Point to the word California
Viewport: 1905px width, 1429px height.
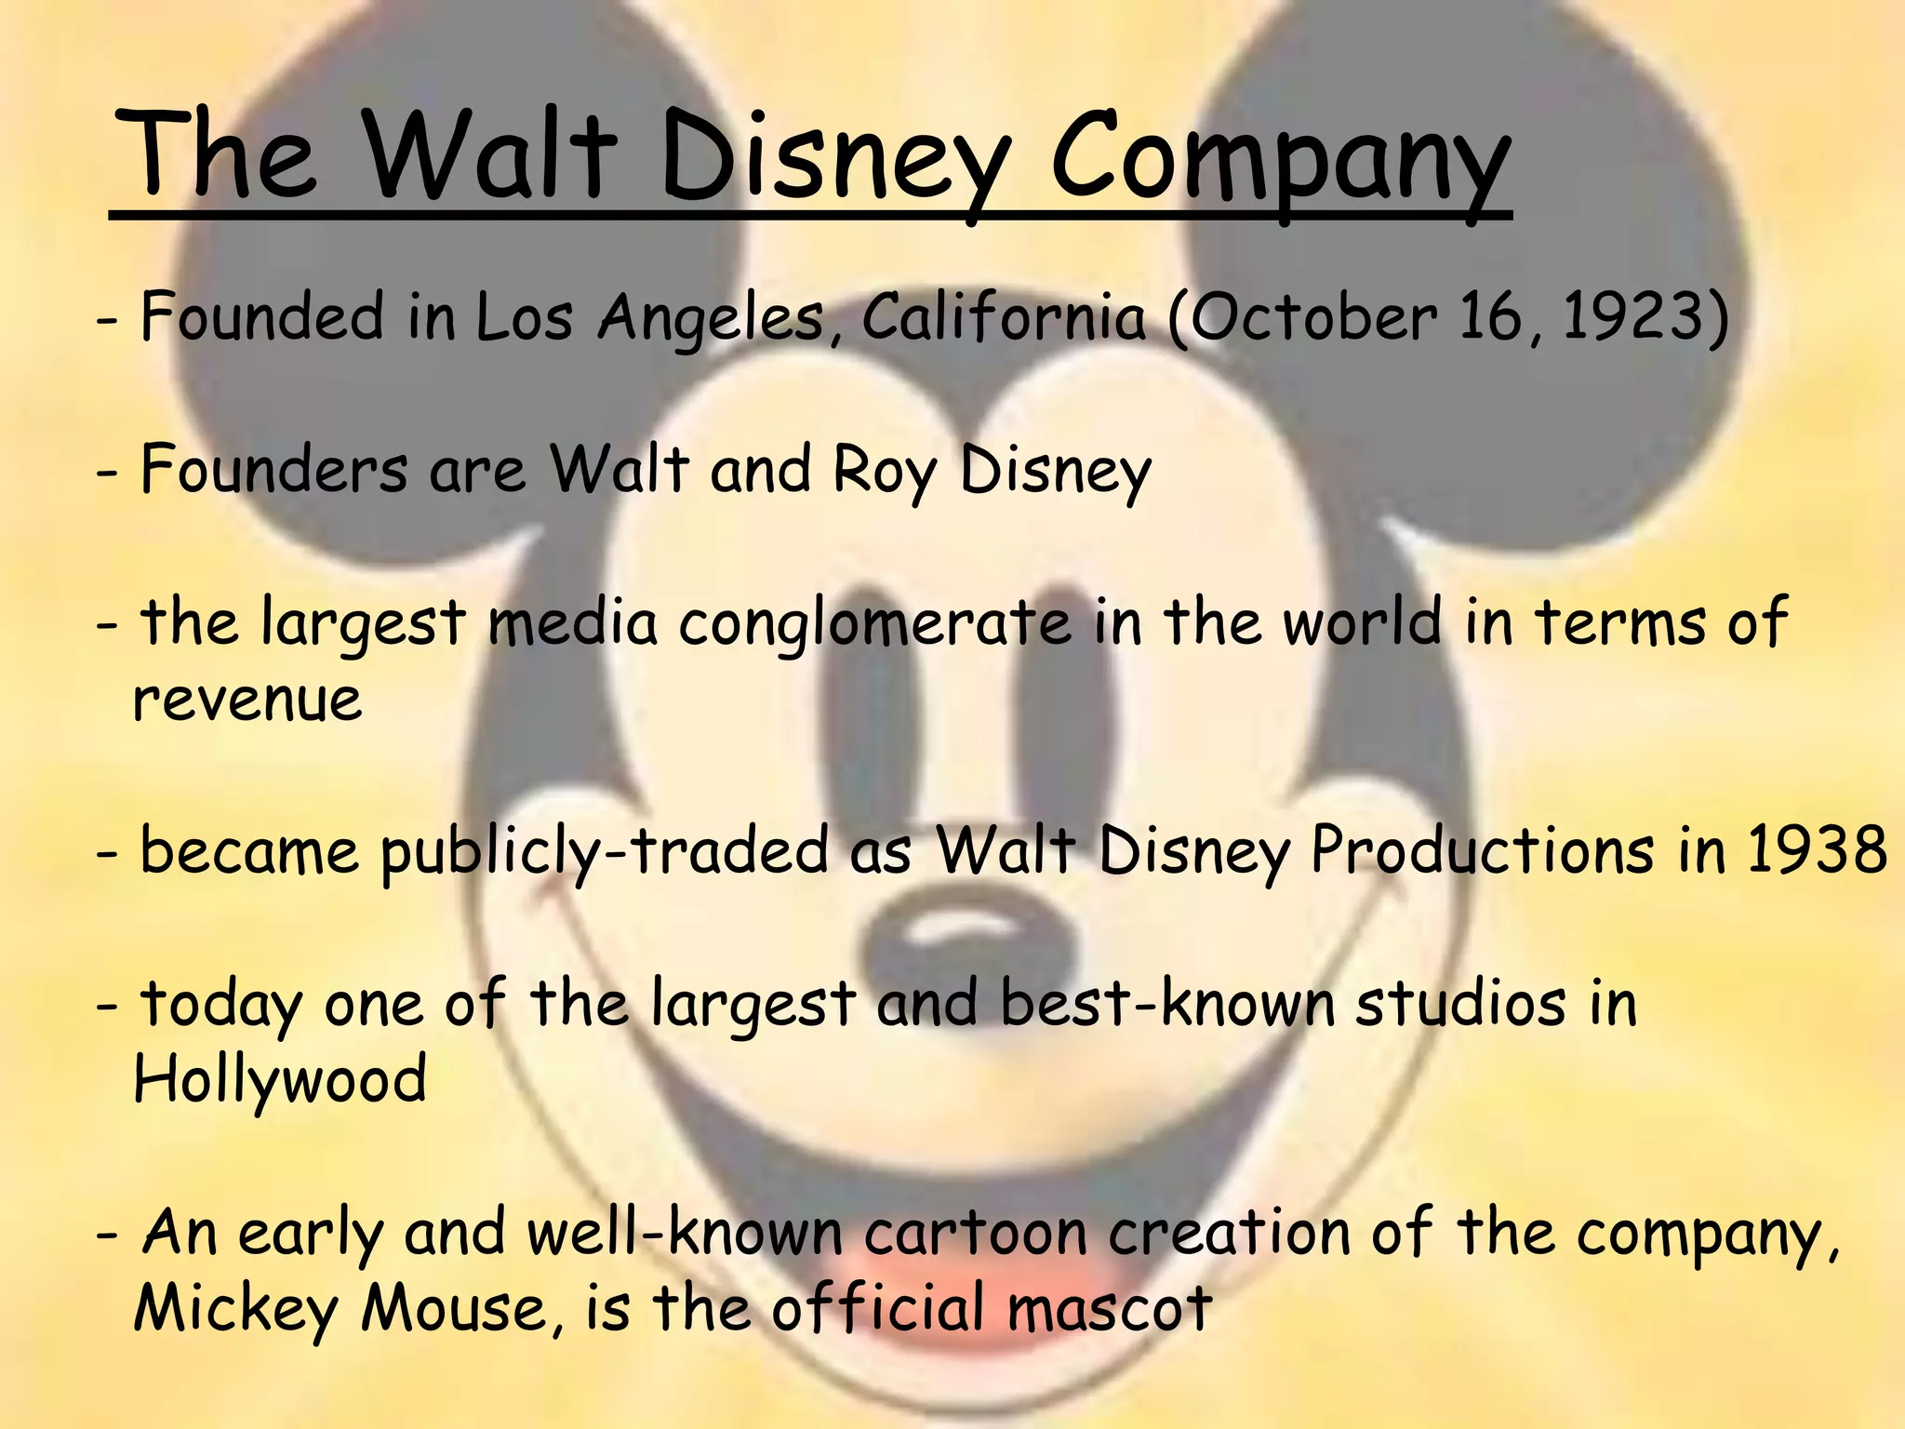click(1004, 317)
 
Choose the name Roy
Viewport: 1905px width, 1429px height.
click(885, 471)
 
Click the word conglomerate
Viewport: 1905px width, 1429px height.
click(875, 623)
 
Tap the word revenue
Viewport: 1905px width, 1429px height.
click(247, 700)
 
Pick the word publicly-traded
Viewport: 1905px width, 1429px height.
click(604, 852)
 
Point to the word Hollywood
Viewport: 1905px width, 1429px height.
click(280, 1079)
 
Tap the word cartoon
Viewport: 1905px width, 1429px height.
click(976, 1233)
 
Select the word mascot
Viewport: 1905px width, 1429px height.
click(1110, 1308)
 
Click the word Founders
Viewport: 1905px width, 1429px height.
click(273, 471)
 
